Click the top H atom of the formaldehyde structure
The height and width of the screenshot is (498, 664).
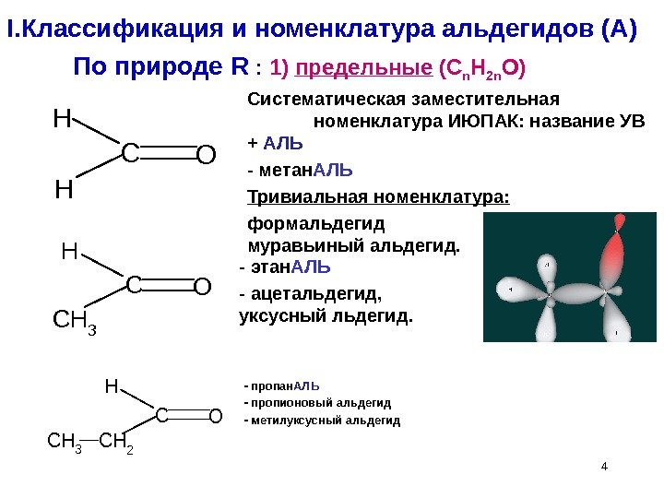click(x=61, y=119)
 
